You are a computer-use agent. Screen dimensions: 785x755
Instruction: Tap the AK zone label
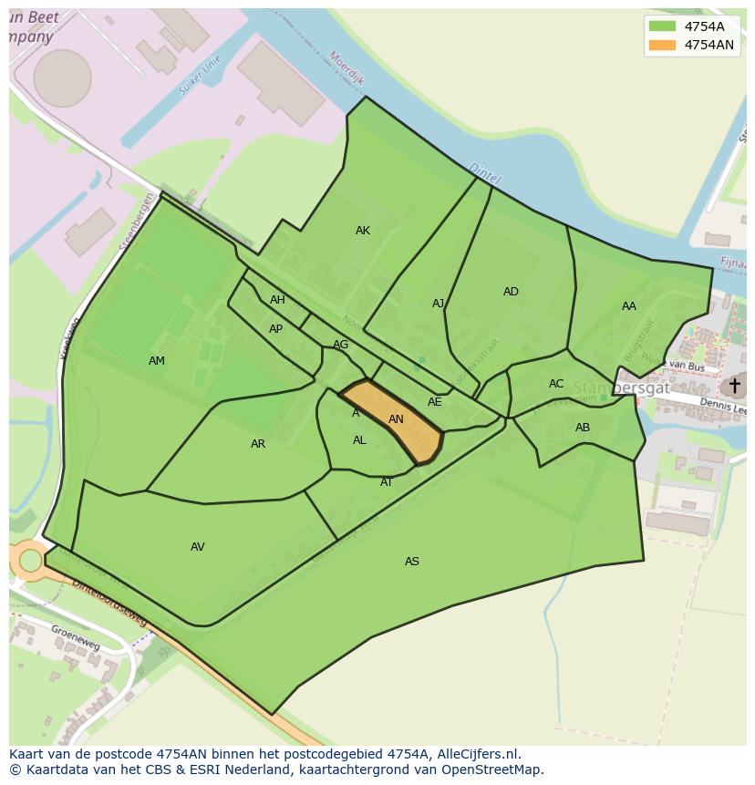pos(363,231)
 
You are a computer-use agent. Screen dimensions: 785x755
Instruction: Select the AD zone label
pos(511,292)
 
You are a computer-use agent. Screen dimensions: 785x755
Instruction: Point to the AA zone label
pos(629,306)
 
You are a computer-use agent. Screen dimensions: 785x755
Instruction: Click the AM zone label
pos(157,361)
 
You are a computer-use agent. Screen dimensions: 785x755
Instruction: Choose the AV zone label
pos(198,547)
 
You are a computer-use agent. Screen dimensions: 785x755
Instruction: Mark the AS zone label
pos(412,562)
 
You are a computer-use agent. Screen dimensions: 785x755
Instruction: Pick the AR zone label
pos(258,444)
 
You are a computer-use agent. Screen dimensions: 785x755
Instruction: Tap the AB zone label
pos(583,428)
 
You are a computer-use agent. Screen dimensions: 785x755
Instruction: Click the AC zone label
pos(556,384)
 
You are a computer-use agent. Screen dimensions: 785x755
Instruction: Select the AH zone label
pos(277,300)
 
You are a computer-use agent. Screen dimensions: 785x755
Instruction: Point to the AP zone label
pos(275,329)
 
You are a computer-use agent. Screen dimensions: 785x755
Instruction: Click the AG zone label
pos(340,345)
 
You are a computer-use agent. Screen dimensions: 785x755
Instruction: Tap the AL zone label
pos(359,440)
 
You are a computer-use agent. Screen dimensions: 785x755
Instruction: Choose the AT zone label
pos(387,482)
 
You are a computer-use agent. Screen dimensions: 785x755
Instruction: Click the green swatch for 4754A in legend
pos(662,26)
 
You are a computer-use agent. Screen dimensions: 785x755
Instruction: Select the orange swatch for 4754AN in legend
pos(662,45)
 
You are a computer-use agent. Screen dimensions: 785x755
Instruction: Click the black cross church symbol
pos(734,386)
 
